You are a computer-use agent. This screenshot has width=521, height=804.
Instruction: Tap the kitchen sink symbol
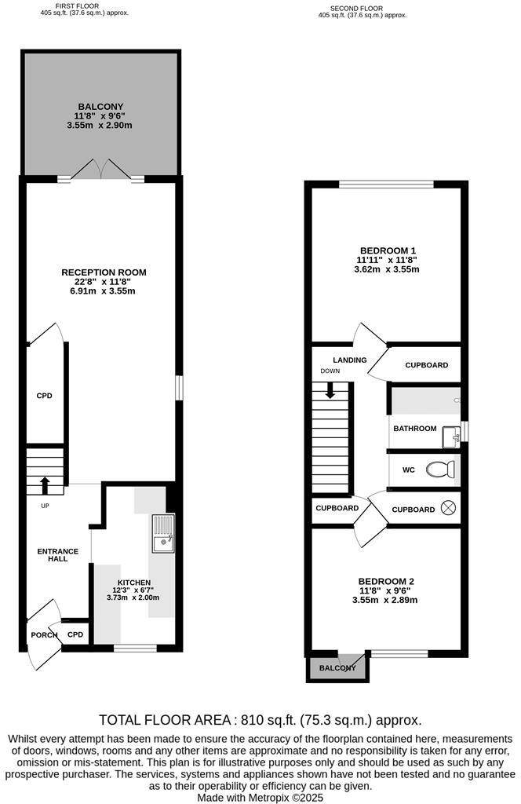164,533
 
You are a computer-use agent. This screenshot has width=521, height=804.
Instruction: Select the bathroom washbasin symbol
450,437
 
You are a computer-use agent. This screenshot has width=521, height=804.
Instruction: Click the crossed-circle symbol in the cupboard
448,508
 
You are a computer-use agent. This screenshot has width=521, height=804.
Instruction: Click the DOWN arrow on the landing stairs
330,389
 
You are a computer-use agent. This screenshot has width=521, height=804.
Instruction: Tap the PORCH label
44,634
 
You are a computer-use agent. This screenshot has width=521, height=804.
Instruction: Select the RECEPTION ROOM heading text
104,272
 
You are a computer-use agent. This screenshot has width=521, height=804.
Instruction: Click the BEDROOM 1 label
388,251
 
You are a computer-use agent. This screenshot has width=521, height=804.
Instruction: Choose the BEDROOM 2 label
387,581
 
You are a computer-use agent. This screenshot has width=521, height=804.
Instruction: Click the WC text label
408,470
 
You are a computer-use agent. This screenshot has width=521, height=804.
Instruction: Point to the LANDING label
349,360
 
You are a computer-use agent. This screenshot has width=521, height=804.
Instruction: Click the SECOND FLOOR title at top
356,8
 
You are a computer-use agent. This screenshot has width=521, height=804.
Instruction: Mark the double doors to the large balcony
101,170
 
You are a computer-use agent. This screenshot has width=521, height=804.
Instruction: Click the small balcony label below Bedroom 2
337,668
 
